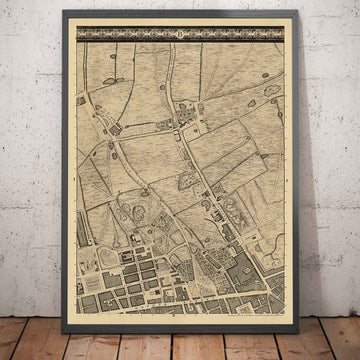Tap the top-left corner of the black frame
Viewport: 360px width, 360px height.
coord(65,12)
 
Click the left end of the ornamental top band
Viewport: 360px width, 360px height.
coord(80,39)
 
